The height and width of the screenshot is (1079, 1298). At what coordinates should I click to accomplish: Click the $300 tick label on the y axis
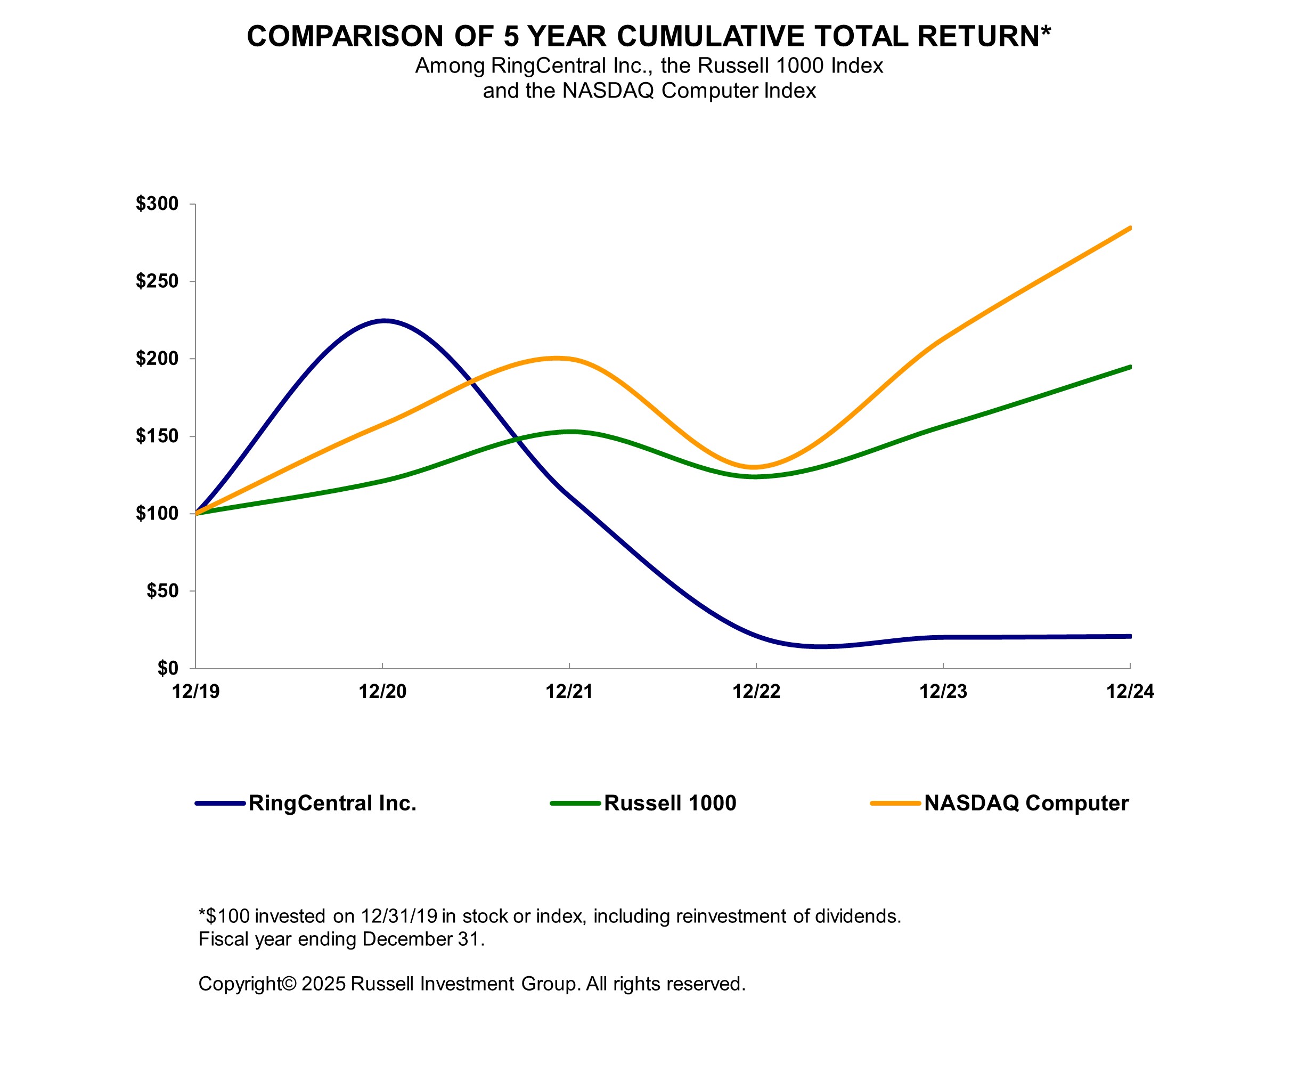pos(157,204)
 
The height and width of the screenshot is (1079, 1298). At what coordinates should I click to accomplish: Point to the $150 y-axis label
pos(157,436)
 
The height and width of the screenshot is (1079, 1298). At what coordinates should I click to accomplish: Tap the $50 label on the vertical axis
pos(162,590)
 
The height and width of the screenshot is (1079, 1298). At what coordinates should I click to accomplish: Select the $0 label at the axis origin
pos(167,668)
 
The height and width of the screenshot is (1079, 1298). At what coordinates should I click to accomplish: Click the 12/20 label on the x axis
pos(382,691)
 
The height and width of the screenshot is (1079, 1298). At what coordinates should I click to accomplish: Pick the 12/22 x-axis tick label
pos(756,691)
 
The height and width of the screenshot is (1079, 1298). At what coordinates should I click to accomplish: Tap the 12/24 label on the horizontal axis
pos(1130,691)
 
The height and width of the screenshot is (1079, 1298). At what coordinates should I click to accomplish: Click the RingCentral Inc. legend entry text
pos(332,803)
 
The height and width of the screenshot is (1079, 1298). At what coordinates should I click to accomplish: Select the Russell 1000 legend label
pos(670,803)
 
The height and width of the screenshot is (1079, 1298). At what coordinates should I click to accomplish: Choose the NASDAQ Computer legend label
pos(1026,803)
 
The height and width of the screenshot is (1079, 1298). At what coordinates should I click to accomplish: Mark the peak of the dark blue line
pos(385,320)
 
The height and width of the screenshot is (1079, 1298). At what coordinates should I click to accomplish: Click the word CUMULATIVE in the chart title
pos(711,36)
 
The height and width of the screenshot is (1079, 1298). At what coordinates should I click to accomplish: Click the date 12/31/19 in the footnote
pos(399,916)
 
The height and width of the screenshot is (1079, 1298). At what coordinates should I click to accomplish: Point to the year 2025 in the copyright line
pos(323,984)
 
